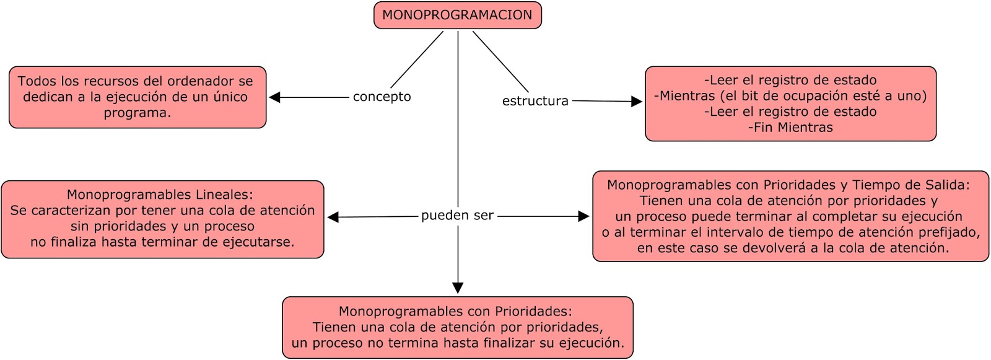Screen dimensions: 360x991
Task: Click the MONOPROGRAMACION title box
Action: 457,15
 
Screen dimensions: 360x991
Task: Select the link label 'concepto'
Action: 382,97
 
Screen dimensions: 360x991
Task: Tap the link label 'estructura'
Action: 535,101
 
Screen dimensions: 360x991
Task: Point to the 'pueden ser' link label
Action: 457,216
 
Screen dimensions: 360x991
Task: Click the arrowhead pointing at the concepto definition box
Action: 275,97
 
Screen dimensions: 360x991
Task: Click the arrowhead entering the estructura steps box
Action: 636,102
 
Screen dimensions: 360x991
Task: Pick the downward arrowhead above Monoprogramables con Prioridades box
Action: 458,288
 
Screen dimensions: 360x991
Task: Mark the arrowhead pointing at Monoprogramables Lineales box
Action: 333,217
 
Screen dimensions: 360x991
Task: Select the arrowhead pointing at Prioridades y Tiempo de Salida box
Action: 583,216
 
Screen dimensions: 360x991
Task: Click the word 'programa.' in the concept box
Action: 138,113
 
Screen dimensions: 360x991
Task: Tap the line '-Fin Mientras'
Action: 790,128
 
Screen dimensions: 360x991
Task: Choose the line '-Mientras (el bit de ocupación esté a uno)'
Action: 790,96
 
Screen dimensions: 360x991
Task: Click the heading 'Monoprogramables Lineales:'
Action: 160,195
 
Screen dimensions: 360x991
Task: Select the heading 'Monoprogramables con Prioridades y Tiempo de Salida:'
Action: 788,185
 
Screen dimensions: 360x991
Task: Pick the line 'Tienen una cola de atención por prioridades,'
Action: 457,327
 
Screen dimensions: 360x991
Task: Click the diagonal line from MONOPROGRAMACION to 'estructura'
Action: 500,61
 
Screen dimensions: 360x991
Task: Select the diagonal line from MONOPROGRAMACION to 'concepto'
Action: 417,59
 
